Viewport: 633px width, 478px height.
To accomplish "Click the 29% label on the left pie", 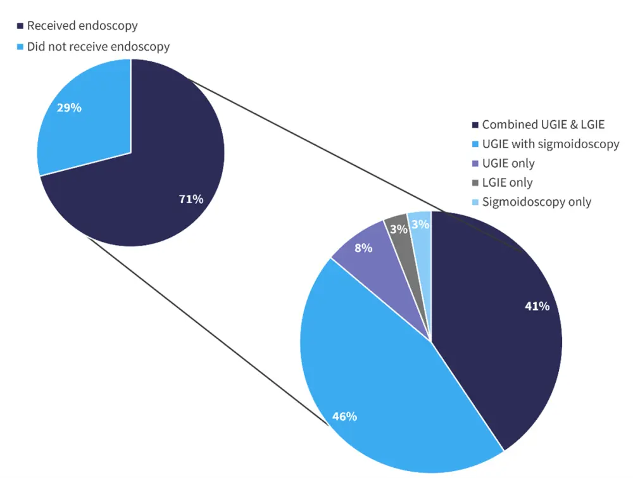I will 69,108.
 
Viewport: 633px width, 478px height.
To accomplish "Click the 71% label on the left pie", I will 191,199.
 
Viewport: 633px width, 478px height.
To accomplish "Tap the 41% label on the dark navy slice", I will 537,306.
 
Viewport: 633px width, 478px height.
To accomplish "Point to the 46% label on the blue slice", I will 344,417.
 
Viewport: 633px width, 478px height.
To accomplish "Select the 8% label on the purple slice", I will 363,248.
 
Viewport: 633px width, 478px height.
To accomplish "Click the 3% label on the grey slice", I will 398,230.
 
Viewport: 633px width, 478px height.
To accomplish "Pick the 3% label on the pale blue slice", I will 420,224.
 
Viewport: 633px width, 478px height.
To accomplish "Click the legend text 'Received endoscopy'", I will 82,26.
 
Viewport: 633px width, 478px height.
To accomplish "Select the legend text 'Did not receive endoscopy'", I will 98,46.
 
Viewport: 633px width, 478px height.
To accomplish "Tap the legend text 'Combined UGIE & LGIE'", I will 543,124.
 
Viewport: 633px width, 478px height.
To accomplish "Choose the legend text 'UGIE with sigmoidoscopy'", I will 550,144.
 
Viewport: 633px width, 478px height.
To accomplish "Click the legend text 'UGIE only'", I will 508,163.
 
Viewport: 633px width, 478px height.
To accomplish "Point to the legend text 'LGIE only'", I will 507,182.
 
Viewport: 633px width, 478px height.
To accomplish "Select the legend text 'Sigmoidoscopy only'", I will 536,202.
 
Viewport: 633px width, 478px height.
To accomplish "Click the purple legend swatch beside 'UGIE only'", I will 475,163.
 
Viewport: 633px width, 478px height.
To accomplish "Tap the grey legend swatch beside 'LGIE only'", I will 475,183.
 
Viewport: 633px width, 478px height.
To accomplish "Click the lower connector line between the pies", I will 209,332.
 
